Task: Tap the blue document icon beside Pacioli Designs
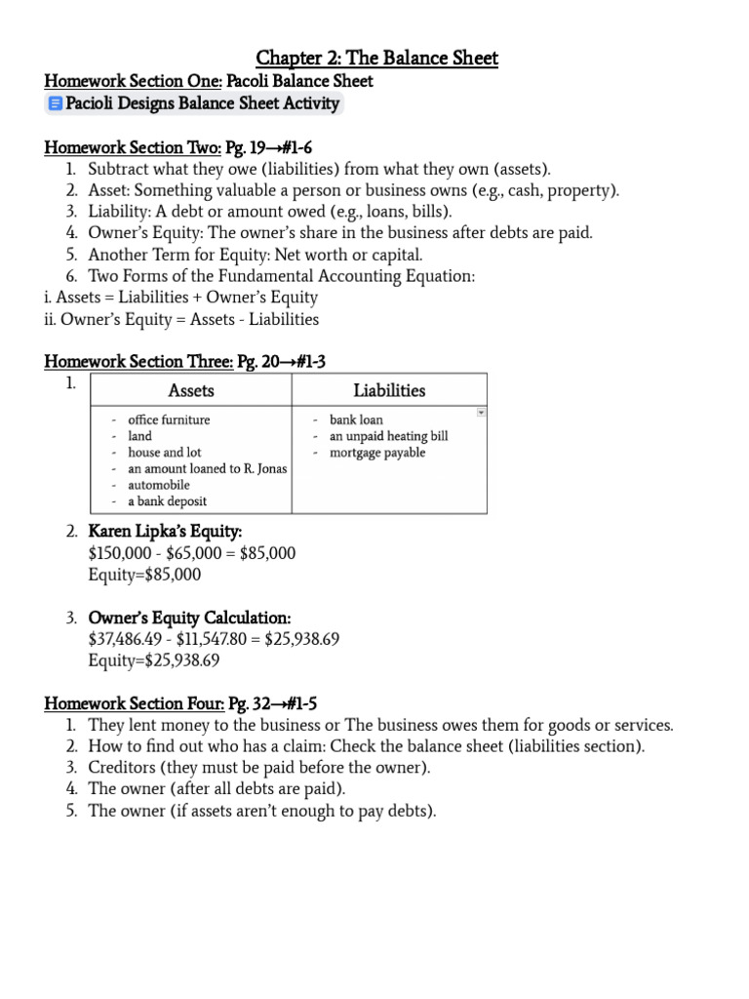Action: pos(55,103)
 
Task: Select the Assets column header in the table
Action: pos(191,390)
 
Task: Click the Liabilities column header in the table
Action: pos(389,390)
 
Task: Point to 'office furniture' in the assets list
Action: pos(169,420)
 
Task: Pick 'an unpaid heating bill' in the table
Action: pos(388,436)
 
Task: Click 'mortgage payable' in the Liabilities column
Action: pos(377,453)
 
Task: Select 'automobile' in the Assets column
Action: pos(159,485)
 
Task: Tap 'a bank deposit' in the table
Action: pos(167,501)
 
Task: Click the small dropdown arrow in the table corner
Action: pos(480,413)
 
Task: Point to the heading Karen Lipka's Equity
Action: pos(165,532)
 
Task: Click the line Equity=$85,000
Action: pos(144,575)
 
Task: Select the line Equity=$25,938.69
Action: pos(153,660)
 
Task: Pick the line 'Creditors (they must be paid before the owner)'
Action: pos(258,768)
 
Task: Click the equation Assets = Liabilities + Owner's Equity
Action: pos(181,298)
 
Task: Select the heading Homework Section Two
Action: pos(133,147)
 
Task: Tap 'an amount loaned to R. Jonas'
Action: pos(208,468)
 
